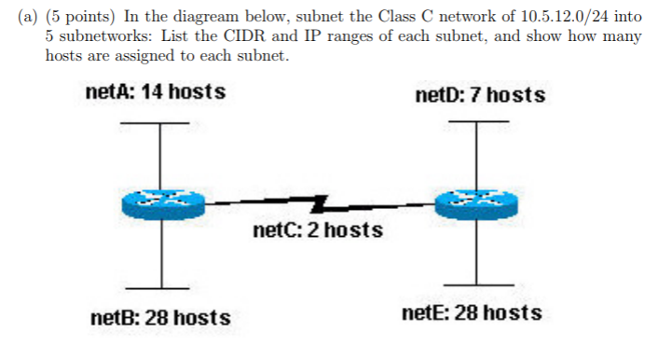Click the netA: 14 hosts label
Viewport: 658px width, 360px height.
[x=154, y=93]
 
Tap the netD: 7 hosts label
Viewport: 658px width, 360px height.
[x=479, y=95]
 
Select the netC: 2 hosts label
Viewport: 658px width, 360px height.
[x=317, y=229]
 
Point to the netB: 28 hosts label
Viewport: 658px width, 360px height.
[x=160, y=318]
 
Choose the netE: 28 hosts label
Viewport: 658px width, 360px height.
[x=472, y=312]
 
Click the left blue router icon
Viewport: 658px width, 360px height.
[x=161, y=204]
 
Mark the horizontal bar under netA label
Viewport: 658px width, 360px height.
[x=160, y=123]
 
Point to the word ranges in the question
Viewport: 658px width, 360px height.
[x=362, y=37]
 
